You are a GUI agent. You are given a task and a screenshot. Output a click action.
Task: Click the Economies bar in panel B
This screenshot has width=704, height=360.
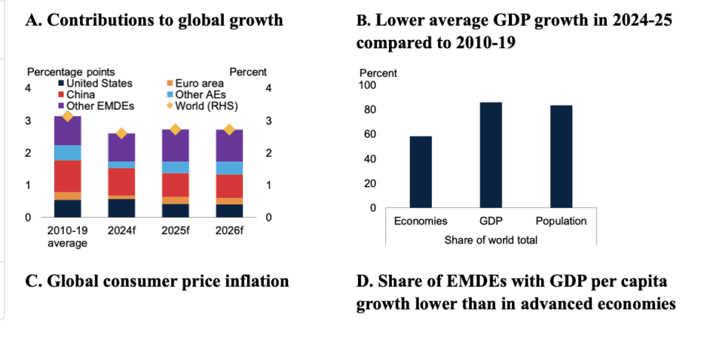pyautogui.click(x=420, y=172)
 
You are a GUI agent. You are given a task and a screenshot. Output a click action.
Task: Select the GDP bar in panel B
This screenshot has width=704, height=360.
pyautogui.click(x=491, y=155)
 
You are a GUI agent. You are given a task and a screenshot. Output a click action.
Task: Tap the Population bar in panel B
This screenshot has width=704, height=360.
pyautogui.click(x=561, y=156)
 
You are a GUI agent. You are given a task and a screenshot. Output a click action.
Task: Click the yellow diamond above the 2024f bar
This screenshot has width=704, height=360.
pyautogui.click(x=122, y=133)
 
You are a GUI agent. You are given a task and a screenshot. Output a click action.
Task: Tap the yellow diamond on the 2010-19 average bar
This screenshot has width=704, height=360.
pyautogui.click(x=67, y=116)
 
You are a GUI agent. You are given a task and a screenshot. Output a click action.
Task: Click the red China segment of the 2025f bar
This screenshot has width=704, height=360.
pyautogui.click(x=175, y=184)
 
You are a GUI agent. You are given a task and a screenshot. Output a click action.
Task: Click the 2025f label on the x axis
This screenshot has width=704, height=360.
pyautogui.click(x=176, y=230)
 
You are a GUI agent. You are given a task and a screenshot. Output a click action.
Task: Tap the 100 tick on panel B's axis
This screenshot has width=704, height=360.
pyautogui.click(x=368, y=85)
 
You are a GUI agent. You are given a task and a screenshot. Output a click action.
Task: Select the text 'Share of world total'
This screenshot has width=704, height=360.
pyautogui.click(x=490, y=239)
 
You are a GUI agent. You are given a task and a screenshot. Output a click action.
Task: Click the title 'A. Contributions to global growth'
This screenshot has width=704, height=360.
pyautogui.click(x=153, y=20)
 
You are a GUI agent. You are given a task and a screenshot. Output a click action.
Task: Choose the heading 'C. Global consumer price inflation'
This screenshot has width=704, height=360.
pyautogui.click(x=156, y=281)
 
